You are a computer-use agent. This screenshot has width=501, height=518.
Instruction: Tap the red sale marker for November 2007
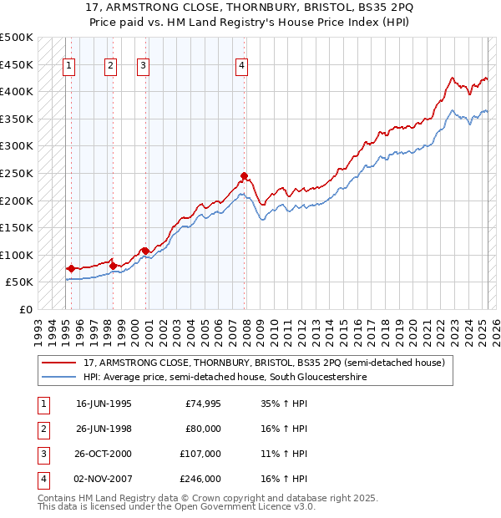(244, 176)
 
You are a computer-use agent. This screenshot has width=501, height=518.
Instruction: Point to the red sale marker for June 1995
(71, 268)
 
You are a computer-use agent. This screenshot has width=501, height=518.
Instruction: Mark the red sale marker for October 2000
(145, 251)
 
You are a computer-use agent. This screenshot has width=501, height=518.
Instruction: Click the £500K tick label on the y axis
(17, 38)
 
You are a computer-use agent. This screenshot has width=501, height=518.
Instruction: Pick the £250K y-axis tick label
(17, 173)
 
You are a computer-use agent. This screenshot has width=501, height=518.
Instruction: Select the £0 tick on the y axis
(26, 309)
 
